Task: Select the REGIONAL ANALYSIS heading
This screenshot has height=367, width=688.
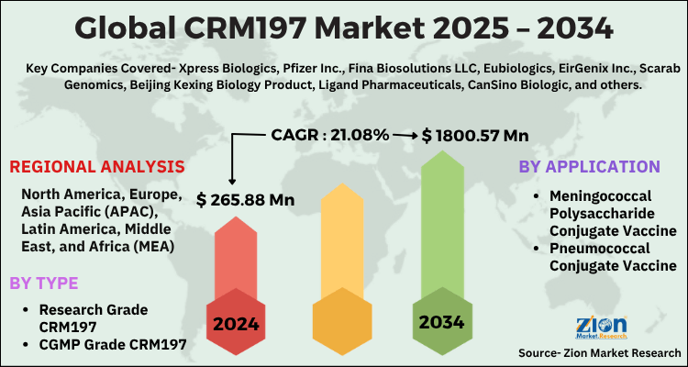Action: click(x=97, y=167)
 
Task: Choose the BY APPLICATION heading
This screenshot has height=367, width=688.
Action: click(x=589, y=167)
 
